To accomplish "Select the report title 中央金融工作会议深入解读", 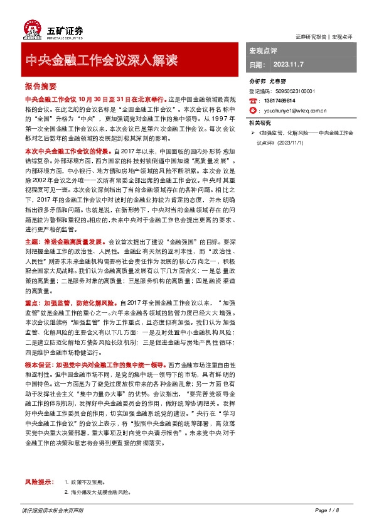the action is click(101, 61).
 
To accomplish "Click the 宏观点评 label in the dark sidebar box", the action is click(264, 50).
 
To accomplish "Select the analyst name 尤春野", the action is click(278, 82).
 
